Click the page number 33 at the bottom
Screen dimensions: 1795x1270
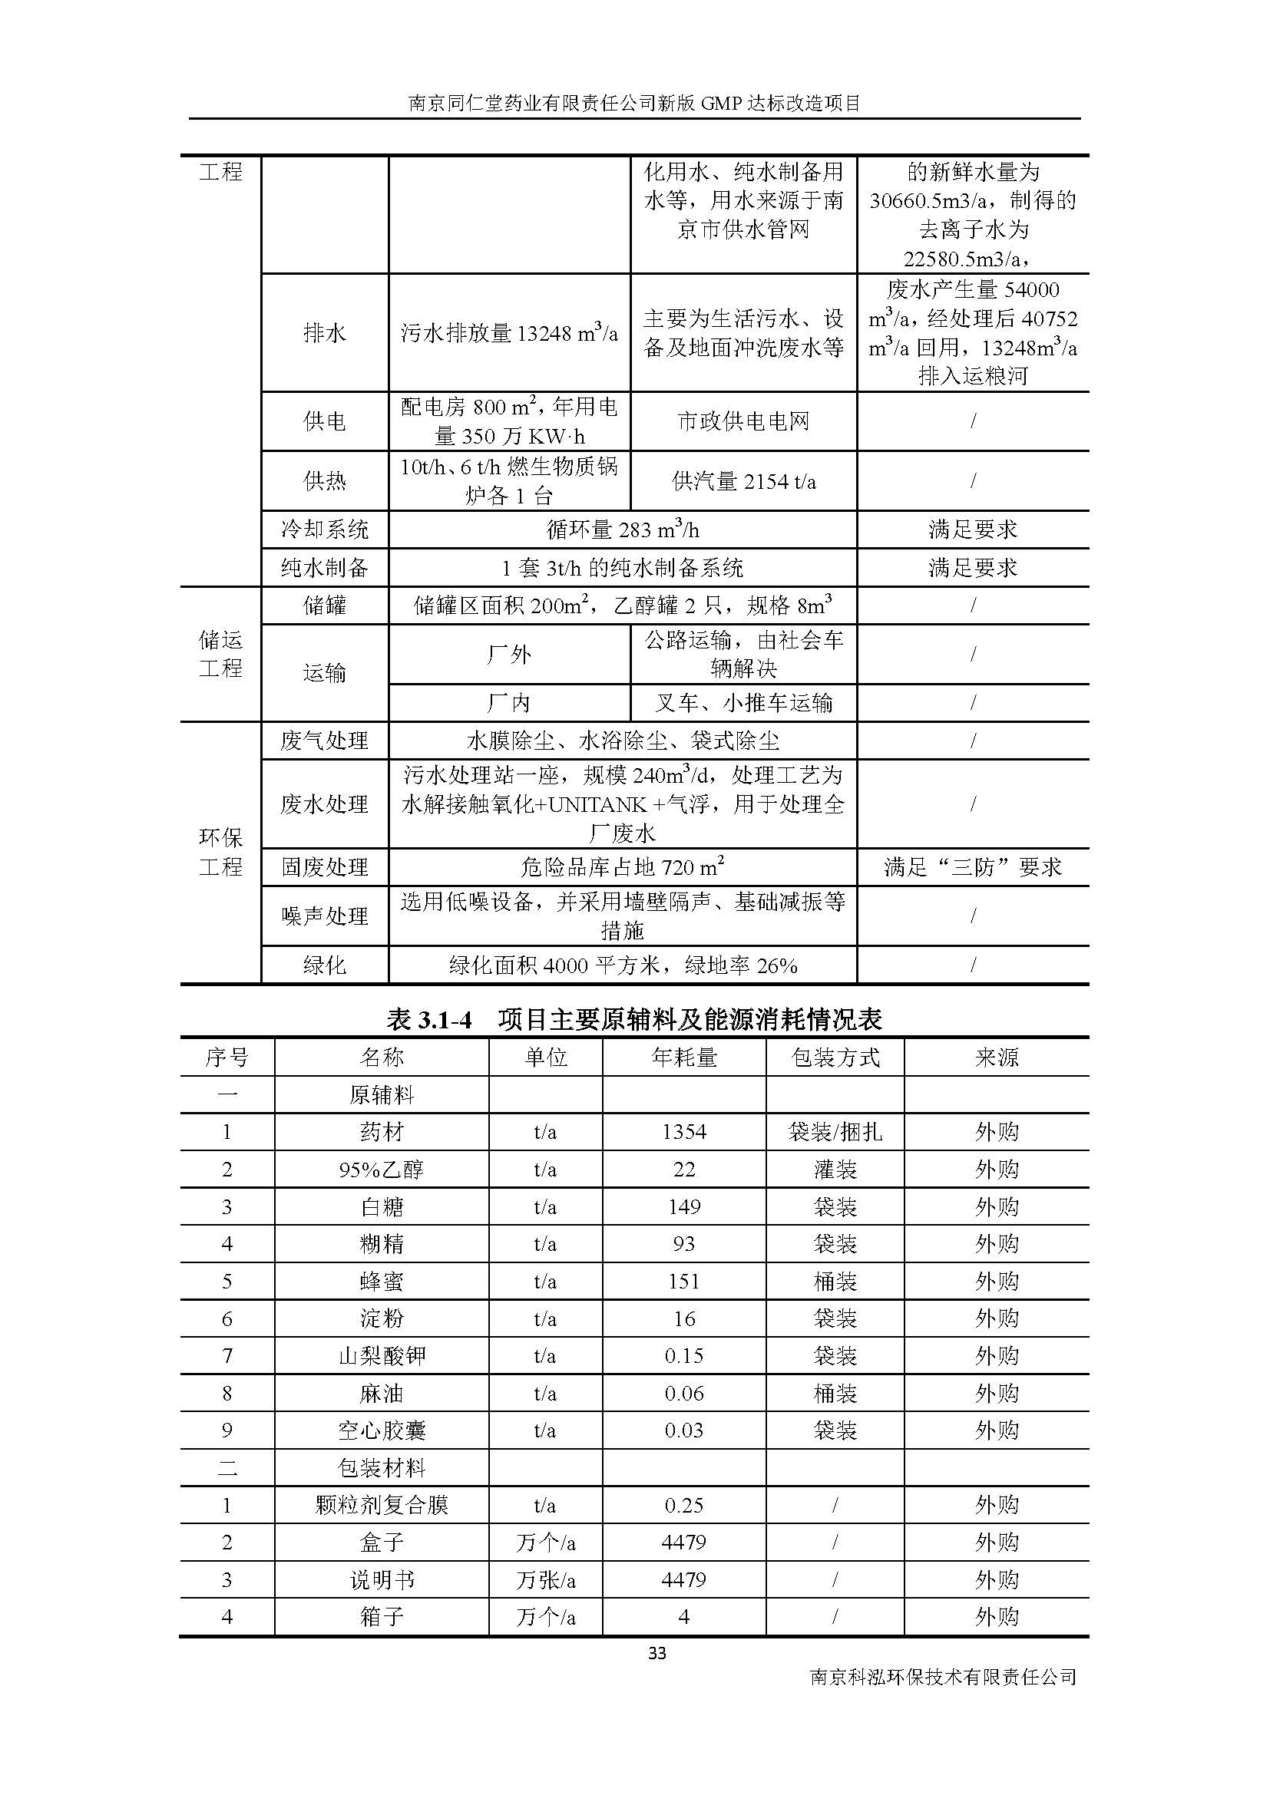click(657, 1653)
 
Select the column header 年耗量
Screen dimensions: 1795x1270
click(683, 1058)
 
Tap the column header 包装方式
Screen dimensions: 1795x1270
click(835, 1058)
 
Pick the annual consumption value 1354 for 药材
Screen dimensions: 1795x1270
click(683, 1132)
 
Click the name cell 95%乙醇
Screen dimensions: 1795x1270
click(382, 1170)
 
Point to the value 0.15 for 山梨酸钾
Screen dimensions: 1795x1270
click(683, 1355)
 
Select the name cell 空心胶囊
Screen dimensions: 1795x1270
click(382, 1430)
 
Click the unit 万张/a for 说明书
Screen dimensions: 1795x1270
click(545, 1580)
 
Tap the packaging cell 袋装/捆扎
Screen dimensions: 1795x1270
click(835, 1132)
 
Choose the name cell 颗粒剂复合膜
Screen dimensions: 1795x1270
click(382, 1505)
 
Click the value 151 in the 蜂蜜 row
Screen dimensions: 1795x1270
click(683, 1282)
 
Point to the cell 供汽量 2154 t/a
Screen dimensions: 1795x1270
click(744, 481)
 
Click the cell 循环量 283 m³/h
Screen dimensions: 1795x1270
click(623, 530)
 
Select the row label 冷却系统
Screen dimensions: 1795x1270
click(325, 530)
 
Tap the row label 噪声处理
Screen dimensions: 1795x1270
click(325, 916)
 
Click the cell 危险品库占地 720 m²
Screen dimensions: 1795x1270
click(623, 867)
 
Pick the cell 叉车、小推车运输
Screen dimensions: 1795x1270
click(744, 703)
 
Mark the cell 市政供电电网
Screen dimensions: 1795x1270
click(744, 421)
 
